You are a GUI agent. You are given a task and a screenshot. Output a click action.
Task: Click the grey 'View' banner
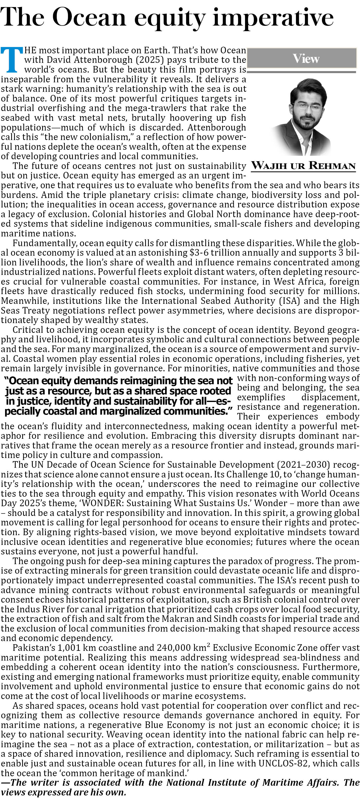[302, 58]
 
